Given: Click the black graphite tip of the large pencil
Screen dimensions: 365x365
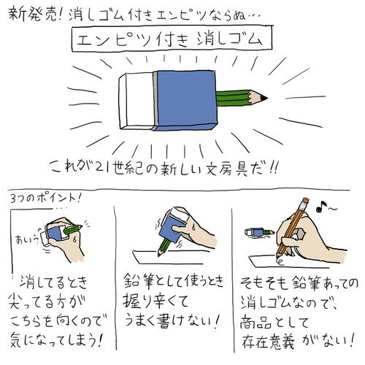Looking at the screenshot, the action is (264, 99).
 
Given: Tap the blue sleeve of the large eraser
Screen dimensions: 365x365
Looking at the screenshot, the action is (185, 100).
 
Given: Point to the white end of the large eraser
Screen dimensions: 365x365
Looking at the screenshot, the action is (137, 101).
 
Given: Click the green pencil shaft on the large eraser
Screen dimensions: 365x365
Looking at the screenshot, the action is (232, 99).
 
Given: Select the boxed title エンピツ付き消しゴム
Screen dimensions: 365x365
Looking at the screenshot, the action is (169, 39).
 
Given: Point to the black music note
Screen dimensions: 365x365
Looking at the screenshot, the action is (321, 207).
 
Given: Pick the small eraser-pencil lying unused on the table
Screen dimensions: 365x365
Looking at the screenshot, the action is (260, 232).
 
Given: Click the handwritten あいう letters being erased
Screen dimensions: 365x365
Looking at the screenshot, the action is (26, 239).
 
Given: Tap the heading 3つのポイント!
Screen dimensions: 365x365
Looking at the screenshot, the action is (45, 199).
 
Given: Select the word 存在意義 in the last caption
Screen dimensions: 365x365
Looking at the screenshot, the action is (269, 342).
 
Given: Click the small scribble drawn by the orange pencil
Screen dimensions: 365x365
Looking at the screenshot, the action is (280, 261).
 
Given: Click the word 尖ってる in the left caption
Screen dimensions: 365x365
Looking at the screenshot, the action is (31, 301).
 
